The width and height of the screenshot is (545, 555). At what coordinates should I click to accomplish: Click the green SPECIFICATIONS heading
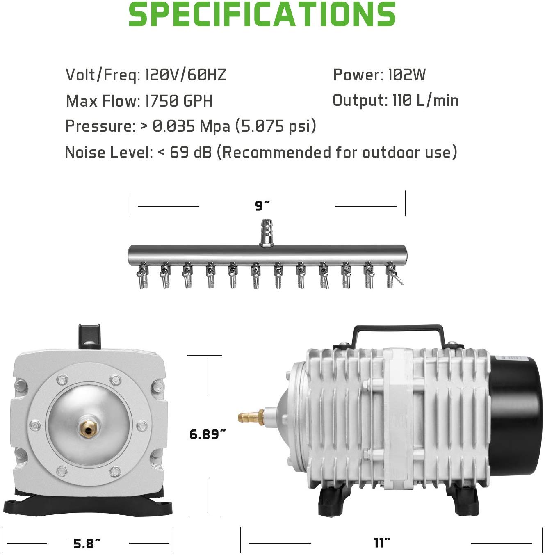point(262,15)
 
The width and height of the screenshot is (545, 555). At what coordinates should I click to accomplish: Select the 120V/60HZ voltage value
point(185,75)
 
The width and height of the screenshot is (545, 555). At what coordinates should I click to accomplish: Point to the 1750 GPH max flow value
point(179,101)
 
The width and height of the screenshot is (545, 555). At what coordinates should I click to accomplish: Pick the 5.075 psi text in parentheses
point(276,126)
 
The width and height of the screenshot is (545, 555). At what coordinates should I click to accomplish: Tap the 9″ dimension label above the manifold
point(262,206)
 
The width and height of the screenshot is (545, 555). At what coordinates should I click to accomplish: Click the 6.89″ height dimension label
point(208,434)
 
